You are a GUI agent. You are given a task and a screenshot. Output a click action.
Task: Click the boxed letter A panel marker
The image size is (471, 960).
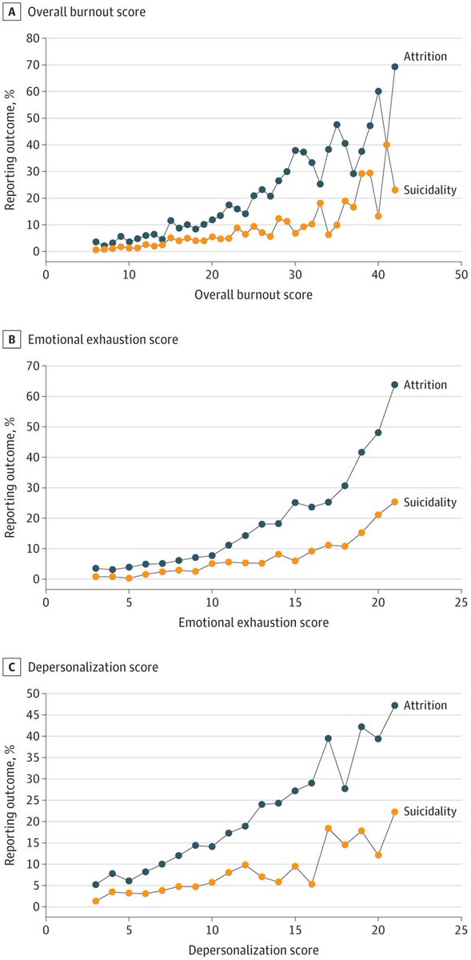tap(10, 12)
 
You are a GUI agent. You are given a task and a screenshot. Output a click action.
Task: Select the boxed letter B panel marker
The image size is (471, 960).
tap(10, 338)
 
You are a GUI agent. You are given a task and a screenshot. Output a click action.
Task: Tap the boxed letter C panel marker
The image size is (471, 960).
tap(10, 666)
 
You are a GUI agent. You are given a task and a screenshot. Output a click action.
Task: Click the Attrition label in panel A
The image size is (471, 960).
tap(425, 57)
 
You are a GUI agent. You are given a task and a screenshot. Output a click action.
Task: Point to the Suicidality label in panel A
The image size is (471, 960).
tap(429, 190)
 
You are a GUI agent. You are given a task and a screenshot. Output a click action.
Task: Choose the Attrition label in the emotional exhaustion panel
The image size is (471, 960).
tap(425, 385)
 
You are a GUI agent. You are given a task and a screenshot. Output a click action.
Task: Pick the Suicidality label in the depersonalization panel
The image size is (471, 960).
tap(429, 811)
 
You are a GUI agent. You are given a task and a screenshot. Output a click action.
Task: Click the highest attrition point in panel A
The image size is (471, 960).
tap(395, 66)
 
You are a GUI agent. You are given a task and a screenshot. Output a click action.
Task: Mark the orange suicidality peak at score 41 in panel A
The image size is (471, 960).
tap(386, 145)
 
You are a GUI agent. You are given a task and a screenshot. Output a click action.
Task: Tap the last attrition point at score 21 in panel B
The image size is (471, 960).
tap(395, 385)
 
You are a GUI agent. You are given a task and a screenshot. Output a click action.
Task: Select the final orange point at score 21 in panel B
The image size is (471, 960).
tap(395, 502)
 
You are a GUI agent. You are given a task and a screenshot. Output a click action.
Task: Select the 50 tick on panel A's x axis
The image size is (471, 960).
tap(461, 273)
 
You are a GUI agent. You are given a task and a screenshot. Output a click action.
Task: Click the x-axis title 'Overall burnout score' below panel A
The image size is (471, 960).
tap(253, 294)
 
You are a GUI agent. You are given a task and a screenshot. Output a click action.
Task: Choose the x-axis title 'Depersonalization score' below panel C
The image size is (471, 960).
tap(253, 950)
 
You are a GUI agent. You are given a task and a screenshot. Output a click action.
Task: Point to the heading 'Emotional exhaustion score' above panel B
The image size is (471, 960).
tap(103, 339)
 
